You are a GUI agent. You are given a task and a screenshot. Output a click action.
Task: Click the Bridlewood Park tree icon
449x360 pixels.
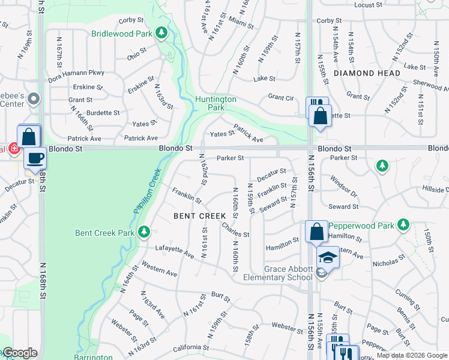pyautogui.click(x=161, y=34)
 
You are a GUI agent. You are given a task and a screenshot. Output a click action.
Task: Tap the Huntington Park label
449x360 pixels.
pyautogui.click(x=215, y=103)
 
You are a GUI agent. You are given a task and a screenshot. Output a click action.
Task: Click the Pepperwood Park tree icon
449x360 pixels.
pyautogui.click(x=404, y=226)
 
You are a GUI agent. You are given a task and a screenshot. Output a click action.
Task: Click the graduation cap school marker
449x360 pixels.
pyautogui.click(x=328, y=258)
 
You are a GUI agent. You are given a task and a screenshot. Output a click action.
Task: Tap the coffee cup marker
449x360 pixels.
pyautogui.click(x=35, y=158)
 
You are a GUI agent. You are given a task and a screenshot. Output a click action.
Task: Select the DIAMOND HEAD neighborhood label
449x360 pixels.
pyautogui.click(x=367, y=73)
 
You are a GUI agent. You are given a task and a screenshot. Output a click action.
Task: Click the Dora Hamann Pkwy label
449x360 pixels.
pyautogui.click(x=76, y=73)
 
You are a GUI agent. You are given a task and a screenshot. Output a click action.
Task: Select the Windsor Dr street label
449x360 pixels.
pyautogui.click(x=343, y=187)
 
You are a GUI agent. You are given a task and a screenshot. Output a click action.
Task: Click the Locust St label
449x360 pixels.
pyautogui.click(x=369, y=5)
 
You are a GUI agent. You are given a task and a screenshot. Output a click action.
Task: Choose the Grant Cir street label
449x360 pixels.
pyautogui.click(x=280, y=97)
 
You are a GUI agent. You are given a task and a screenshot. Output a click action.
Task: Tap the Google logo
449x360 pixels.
pyautogui.click(x=19, y=353)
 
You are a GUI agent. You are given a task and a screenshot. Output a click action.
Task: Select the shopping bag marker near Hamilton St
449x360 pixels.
pyautogui.click(x=316, y=232)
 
